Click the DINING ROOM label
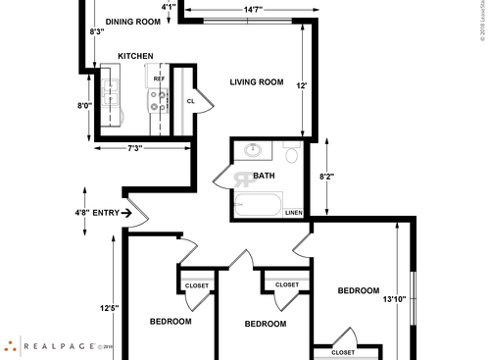(x=132, y=21)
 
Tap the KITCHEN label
(x=135, y=57)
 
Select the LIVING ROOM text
(x=257, y=82)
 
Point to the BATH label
(x=264, y=177)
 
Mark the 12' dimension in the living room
(x=303, y=86)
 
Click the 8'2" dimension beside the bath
(x=328, y=177)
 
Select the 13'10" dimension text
(x=394, y=299)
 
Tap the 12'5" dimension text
(x=109, y=309)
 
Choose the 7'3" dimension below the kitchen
(x=135, y=148)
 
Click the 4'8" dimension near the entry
(x=82, y=211)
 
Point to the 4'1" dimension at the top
(x=169, y=8)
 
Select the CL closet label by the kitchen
(x=191, y=100)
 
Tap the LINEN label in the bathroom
(x=293, y=212)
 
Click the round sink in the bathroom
(x=254, y=151)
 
